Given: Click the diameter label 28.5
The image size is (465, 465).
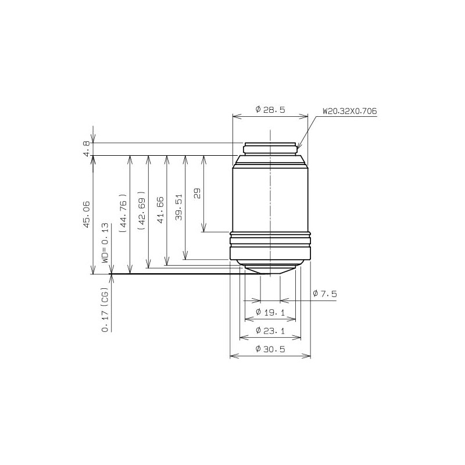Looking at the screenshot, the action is click(x=270, y=110).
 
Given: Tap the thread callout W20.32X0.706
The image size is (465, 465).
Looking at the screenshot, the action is click(x=350, y=111).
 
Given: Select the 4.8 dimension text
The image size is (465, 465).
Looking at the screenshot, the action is click(x=86, y=149).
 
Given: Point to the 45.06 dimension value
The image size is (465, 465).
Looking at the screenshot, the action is click(x=86, y=214).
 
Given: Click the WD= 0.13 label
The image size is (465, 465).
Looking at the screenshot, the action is click(x=105, y=243).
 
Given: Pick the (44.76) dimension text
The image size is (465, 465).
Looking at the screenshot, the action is click(x=123, y=213).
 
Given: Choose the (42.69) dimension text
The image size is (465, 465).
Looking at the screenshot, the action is click(x=142, y=210).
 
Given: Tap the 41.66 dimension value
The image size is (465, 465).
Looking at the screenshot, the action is click(x=160, y=210).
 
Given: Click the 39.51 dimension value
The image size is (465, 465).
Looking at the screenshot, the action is click(x=178, y=207).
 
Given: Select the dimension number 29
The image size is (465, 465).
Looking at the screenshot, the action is click(x=197, y=193).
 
